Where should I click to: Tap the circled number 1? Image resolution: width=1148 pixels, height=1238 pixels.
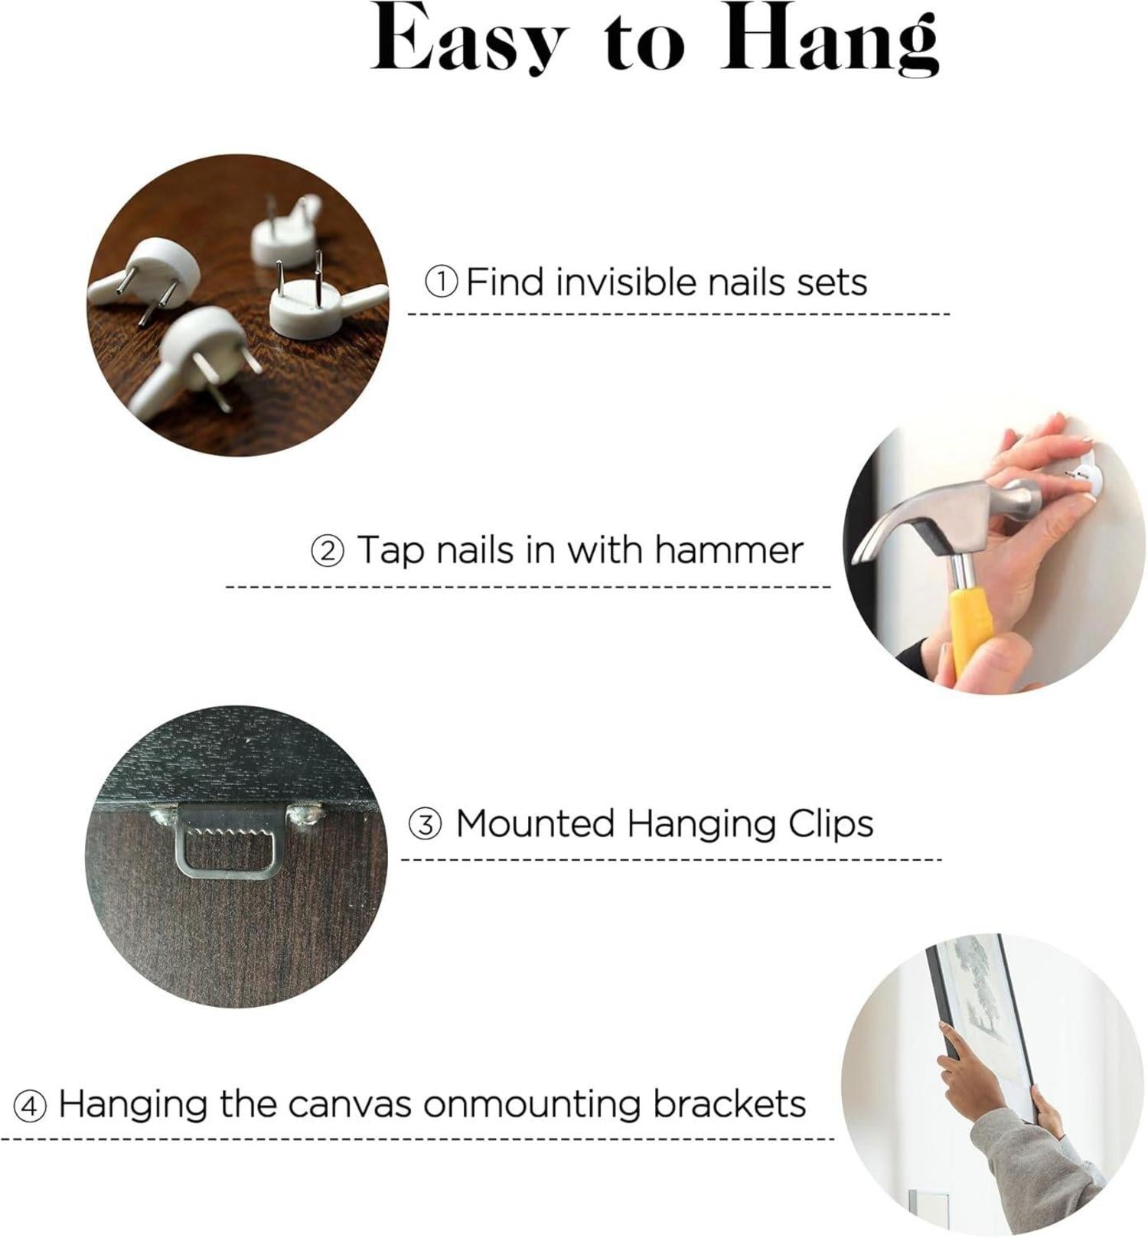[x=442, y=283]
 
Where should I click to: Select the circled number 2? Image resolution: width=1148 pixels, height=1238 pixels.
[x=327, y=552]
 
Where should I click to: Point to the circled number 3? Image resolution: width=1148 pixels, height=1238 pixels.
[x=424, y=826]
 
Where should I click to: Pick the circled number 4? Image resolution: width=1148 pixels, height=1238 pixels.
[x=30, y=1106]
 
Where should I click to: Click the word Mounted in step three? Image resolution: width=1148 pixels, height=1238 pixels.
[x=536, y=824]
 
